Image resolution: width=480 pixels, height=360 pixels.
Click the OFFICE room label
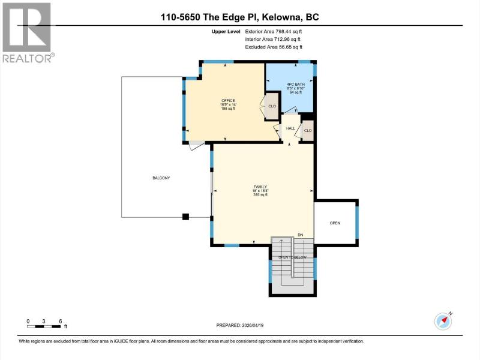pos(228,100)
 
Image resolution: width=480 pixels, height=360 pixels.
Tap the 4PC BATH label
pos(295,84)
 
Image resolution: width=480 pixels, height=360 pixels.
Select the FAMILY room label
pos(260,187)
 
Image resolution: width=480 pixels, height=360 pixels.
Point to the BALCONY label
pos(161,178)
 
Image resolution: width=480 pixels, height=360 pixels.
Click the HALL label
pos(290,128)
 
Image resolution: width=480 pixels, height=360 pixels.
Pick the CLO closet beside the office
pos(272,106)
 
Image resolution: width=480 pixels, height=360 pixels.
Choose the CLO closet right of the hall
pos(308,131)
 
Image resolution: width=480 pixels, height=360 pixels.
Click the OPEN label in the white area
pos(335,223)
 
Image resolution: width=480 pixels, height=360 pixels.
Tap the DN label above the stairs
pos(301,235)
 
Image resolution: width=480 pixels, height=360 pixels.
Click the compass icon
pos(443,321)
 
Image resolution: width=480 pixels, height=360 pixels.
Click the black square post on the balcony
pos(185,217)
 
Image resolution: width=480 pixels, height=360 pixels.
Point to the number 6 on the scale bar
pos(61,321)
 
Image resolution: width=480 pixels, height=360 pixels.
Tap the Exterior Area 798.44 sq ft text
pos(274,32)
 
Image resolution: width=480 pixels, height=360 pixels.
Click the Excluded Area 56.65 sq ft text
pos(274,47)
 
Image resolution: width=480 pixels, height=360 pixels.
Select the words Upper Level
pos(226,32)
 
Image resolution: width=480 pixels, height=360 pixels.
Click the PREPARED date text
pos(239,325)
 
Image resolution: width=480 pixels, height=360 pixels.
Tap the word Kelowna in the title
pos(281,17)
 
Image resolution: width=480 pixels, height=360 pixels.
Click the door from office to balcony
pos(197,145)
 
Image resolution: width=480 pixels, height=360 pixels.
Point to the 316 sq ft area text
pos(260,194)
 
